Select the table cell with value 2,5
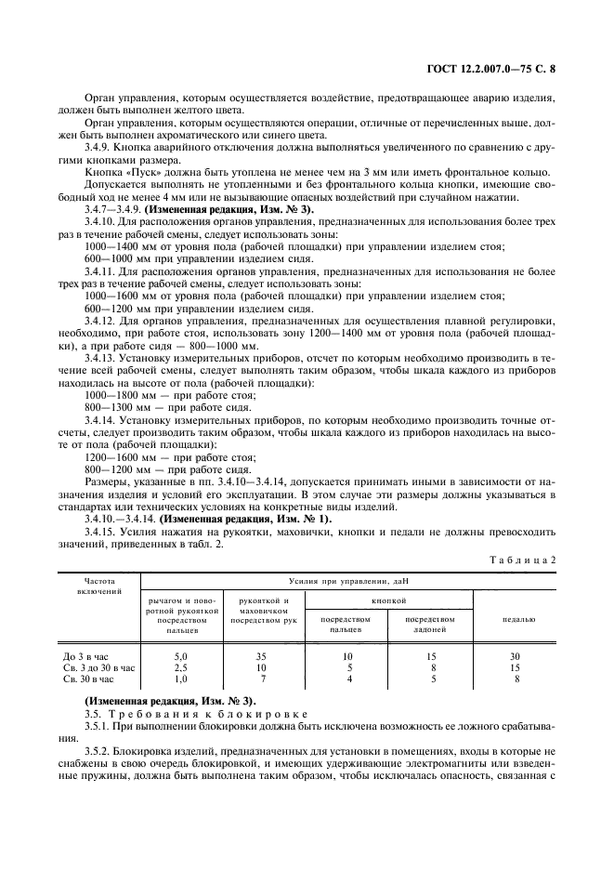pyautogui.click(x=182, y=667)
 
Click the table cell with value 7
pyautogui.click(x=261, y=679)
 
